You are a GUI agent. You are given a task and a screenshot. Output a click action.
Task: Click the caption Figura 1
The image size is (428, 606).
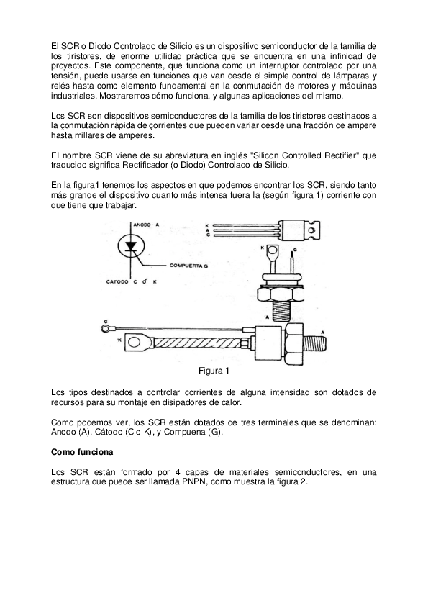click(x=213, y=371)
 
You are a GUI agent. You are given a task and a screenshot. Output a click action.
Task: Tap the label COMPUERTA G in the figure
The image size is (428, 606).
click(x=188, y=266)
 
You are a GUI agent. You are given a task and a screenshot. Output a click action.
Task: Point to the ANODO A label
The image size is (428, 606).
click(x=147, y=225)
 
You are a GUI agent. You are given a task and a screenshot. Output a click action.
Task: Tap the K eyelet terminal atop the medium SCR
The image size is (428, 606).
click(x=273, y=252)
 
